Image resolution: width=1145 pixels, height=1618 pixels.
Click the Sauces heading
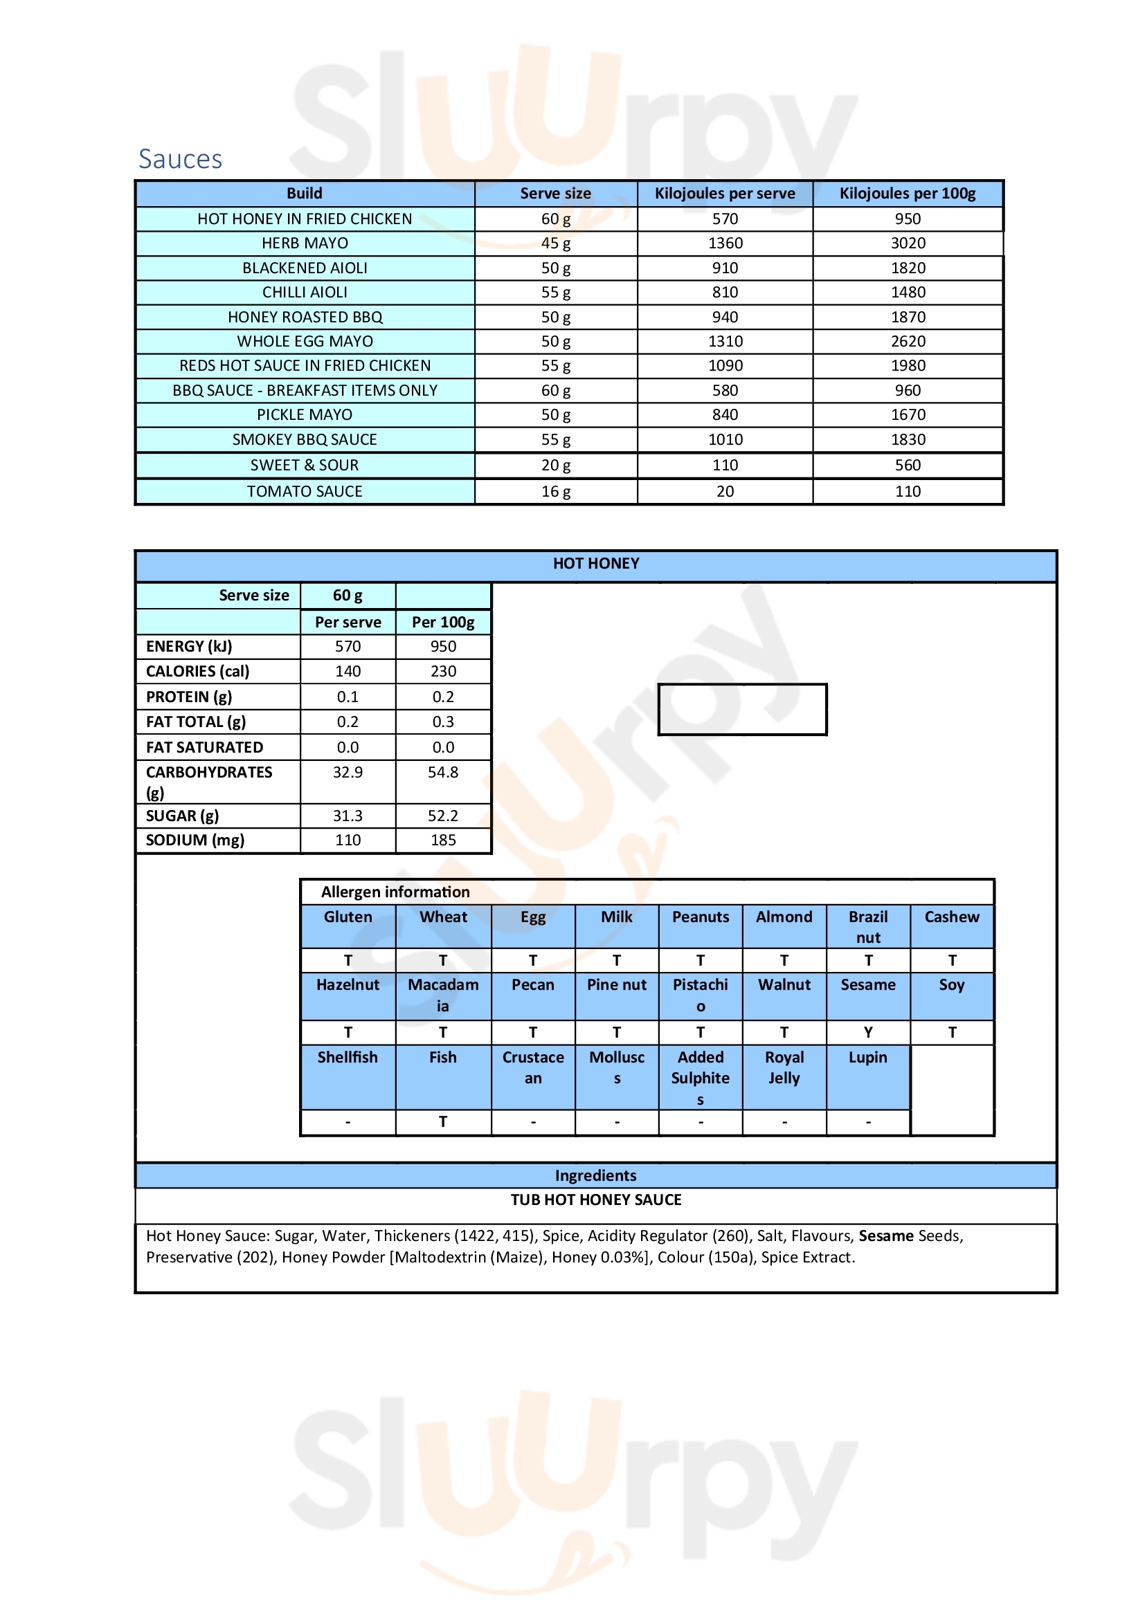click(x=180, y=159)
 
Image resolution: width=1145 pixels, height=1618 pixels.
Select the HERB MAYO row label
click(x=305, y=243)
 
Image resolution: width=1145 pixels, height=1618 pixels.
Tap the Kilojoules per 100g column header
click(x=907, y=193)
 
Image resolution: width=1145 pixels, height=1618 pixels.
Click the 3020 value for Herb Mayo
click(x=908, y=243)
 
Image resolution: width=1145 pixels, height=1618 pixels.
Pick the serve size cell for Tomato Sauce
click(x=556, y=491)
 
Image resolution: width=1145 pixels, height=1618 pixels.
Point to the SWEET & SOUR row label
click(x=305, y=465)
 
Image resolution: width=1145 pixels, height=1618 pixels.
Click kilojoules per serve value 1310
click(x=725, y=341)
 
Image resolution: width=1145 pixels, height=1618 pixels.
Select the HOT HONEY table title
click(x=596, y=564)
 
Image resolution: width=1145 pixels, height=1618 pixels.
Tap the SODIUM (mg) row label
click(x=195, y=840)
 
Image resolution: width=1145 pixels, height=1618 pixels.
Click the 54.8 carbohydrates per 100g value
click(x=443, y=773)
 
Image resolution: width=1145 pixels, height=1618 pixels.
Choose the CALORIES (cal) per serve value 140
click(x=348, y=671)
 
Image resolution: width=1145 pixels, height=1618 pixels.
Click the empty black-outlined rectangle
click(x=741, y=709)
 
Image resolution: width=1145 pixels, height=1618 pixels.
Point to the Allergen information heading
click(x=395, y=892)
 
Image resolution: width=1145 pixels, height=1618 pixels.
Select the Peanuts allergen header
click(x=700, y=917)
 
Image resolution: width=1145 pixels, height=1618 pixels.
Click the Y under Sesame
click(x=868, y=1032)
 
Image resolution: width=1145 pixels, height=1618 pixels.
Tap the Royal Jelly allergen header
click(x=784, y=1067)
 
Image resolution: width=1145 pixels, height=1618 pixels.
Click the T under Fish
click(x=443, y=1121)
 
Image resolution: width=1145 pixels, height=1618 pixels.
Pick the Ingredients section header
click(x=596, y=1175)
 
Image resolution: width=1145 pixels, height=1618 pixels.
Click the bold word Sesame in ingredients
click(x=885, y=1235)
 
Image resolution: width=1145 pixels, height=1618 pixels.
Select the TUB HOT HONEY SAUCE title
click(x=596, y=1199)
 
